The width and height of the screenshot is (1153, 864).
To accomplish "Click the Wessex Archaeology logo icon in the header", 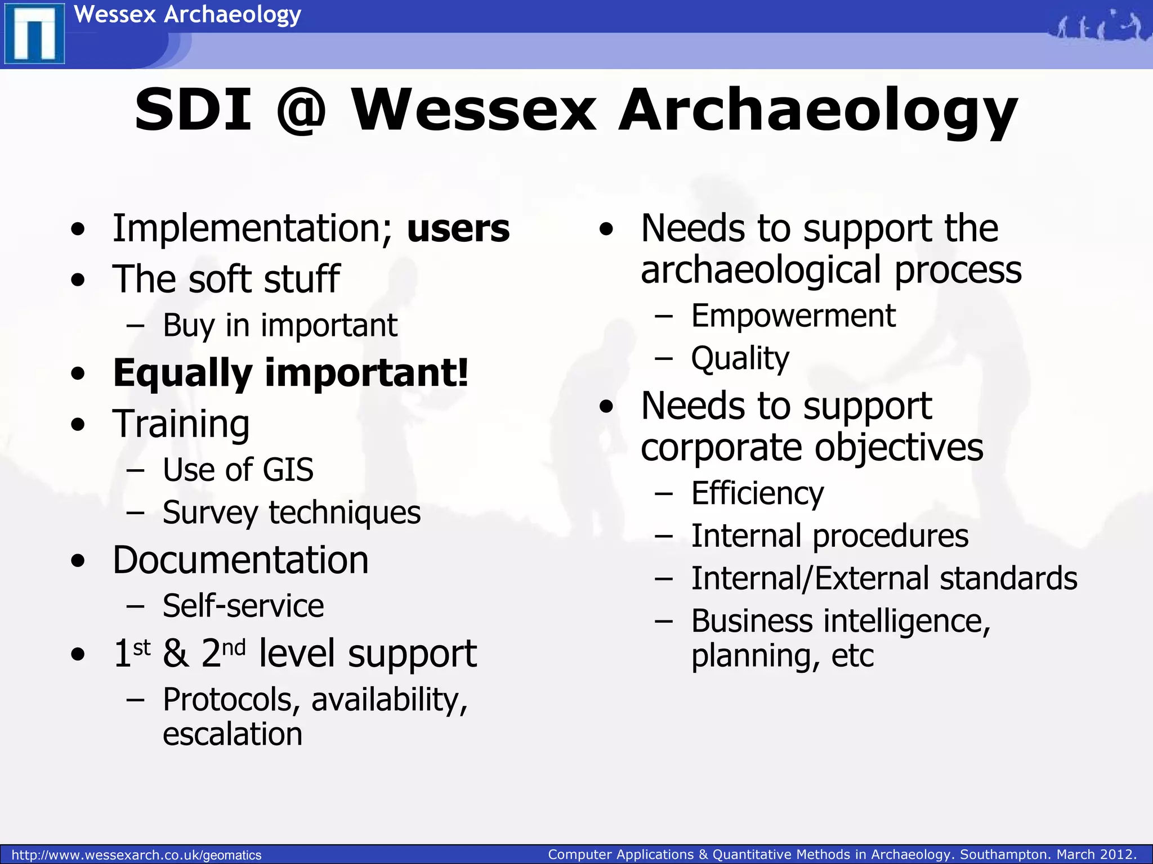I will tap(34, 34).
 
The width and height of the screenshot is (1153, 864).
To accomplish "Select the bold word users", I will tap(458, 229).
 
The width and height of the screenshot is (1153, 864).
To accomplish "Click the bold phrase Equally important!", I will tap(290, 372).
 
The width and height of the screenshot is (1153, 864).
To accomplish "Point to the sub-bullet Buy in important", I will tap(280, 325).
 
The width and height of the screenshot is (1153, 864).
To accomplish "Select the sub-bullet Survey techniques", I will tap(291, 512).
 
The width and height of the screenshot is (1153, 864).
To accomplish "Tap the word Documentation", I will tap(240, 560).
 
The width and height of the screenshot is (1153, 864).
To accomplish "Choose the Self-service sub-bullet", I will tap(243, 606).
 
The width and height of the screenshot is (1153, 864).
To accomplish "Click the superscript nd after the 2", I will tap(234, 648).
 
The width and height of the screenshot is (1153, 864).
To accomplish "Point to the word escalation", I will tap(233, 734).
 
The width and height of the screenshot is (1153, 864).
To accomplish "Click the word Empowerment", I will tap(793, 316).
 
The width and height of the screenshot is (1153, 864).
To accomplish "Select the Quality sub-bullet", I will tap(740, 358).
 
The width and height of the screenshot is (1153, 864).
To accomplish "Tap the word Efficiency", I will tap(757, 493).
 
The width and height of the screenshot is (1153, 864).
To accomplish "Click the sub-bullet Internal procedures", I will tap(829, 535).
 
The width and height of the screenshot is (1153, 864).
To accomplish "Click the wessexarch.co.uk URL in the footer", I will tap(136, 855).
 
